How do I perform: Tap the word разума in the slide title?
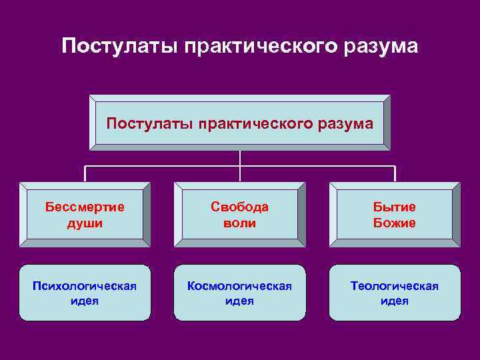pos(381,47)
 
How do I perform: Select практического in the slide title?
pos(263,48)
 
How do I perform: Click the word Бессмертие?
pos(85,207)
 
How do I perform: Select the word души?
pos(85,223)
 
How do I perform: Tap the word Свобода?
pos(239,207)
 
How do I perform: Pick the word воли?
pos(239,223)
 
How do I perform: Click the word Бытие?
pos(395,207)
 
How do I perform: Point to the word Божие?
pos(395,223)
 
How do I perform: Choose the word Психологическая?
pos(85,286)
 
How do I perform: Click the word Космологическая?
pos(239,286)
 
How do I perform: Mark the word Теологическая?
pos(395,286)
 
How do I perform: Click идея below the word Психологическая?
pos(85,301)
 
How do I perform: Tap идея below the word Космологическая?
pos(239,301)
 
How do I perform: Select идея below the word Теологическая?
pos(395,301)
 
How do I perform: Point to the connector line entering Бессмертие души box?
pos(85,173)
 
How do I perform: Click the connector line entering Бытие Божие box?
pos(395,173)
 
